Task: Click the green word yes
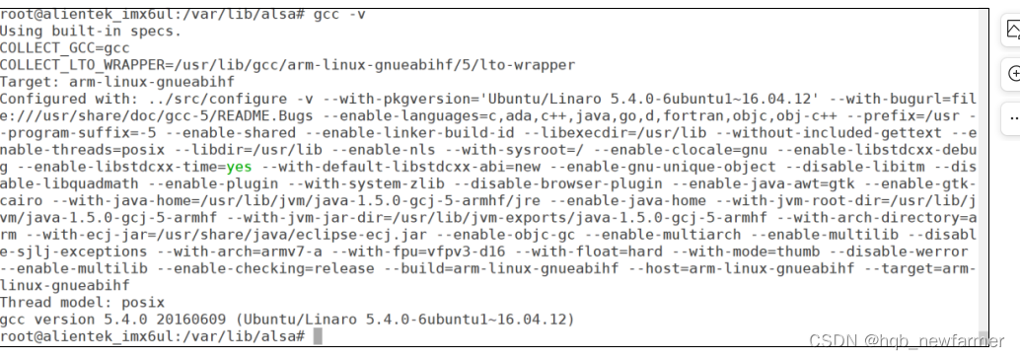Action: pos(239,167)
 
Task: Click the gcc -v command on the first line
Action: pos(341,15)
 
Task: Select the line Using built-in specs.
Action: pos(91,32)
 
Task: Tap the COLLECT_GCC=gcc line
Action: pos(65,48)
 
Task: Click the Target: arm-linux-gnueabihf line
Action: pos(117,82)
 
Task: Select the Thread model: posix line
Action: pos(82,302)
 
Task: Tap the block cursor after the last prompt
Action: pos(317,336)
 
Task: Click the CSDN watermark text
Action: pos(907,341)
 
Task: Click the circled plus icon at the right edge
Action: pos(1013,74)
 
